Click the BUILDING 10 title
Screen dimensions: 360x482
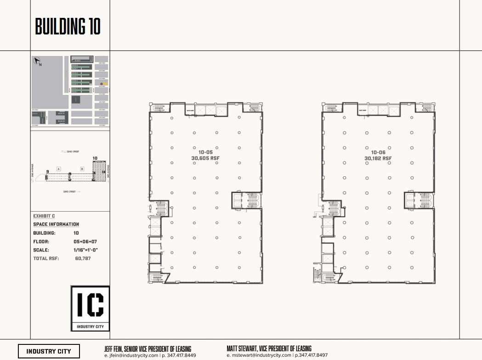coord(68,27)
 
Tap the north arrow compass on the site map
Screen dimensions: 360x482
coord(37,61)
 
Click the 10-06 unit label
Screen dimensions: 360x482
coord(378,152)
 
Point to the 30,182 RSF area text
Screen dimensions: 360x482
coord(378,158)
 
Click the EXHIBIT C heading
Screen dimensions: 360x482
coord(44,216)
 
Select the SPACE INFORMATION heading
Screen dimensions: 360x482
coord(56,224)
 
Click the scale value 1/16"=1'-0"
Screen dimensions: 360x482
coord(86,250)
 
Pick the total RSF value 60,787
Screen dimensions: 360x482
coord(83,259)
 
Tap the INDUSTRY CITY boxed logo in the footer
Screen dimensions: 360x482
coord(49,351)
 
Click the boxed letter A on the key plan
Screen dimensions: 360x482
coord(59,169)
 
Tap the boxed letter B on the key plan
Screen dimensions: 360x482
coord(82,169)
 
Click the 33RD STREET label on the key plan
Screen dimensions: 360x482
coord(69,191)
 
